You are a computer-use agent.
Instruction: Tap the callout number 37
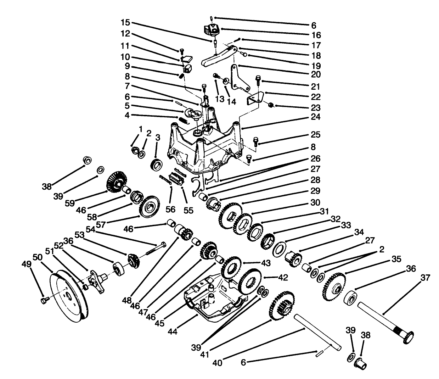[425, 278]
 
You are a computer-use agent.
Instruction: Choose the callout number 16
[316, 35]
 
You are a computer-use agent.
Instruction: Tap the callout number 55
[188, 210]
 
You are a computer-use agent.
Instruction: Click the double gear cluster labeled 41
[281, 305]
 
